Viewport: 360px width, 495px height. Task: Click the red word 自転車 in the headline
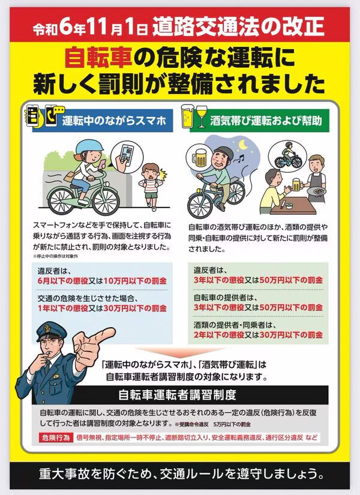tap(98, 58)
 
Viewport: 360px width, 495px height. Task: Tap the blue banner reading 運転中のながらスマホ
tap(103, 121)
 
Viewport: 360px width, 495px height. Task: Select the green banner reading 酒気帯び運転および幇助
tap(255, 121)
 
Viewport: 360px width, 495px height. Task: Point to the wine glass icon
tap(202, 116)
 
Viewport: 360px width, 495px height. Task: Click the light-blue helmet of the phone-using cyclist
tap(89, 146)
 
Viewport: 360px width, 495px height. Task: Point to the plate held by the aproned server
tap(316, 191)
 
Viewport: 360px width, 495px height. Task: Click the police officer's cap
tap(51, 331)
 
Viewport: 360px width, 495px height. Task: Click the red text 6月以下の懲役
tap(62, 281)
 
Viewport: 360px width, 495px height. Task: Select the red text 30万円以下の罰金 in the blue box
tap(135, 308)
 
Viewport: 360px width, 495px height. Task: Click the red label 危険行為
tap(56, 438)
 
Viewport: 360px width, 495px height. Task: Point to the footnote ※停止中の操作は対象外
tap(56, 256)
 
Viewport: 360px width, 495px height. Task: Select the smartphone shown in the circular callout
tap(127, 154)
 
